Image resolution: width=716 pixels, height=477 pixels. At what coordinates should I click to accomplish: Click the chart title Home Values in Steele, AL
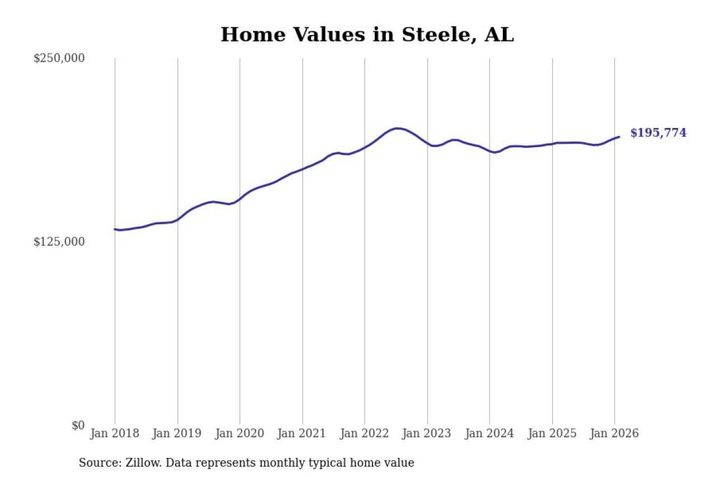point(367,35)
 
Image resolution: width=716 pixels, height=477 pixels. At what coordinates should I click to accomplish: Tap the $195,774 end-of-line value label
point(658,133)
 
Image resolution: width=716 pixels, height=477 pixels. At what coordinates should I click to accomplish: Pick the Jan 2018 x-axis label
point(115,433)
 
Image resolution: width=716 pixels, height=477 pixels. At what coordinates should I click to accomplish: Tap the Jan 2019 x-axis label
point(177,433)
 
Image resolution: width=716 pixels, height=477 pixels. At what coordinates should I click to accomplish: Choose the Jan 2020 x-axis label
point(240,433)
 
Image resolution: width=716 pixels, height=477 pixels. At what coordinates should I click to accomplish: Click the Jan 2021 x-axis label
point(303,433)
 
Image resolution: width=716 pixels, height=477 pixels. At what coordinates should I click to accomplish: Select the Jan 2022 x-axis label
point(365,433)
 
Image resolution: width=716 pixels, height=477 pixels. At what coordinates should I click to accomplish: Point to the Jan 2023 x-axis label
point(427,433)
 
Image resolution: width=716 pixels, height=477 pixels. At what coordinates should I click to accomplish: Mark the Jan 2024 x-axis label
point(489,433)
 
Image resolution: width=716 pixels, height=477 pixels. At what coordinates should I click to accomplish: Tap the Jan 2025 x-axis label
point(552,433)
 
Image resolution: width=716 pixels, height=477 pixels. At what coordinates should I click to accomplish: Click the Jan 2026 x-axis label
point(614,433)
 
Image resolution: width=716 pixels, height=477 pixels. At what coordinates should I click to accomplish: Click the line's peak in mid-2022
point(397,128)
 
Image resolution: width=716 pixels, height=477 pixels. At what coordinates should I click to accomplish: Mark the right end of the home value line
point(619,136)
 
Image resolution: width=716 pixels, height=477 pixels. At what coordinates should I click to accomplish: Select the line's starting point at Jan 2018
point(115,229)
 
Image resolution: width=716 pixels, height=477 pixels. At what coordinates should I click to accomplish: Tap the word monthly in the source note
point(314,463)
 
